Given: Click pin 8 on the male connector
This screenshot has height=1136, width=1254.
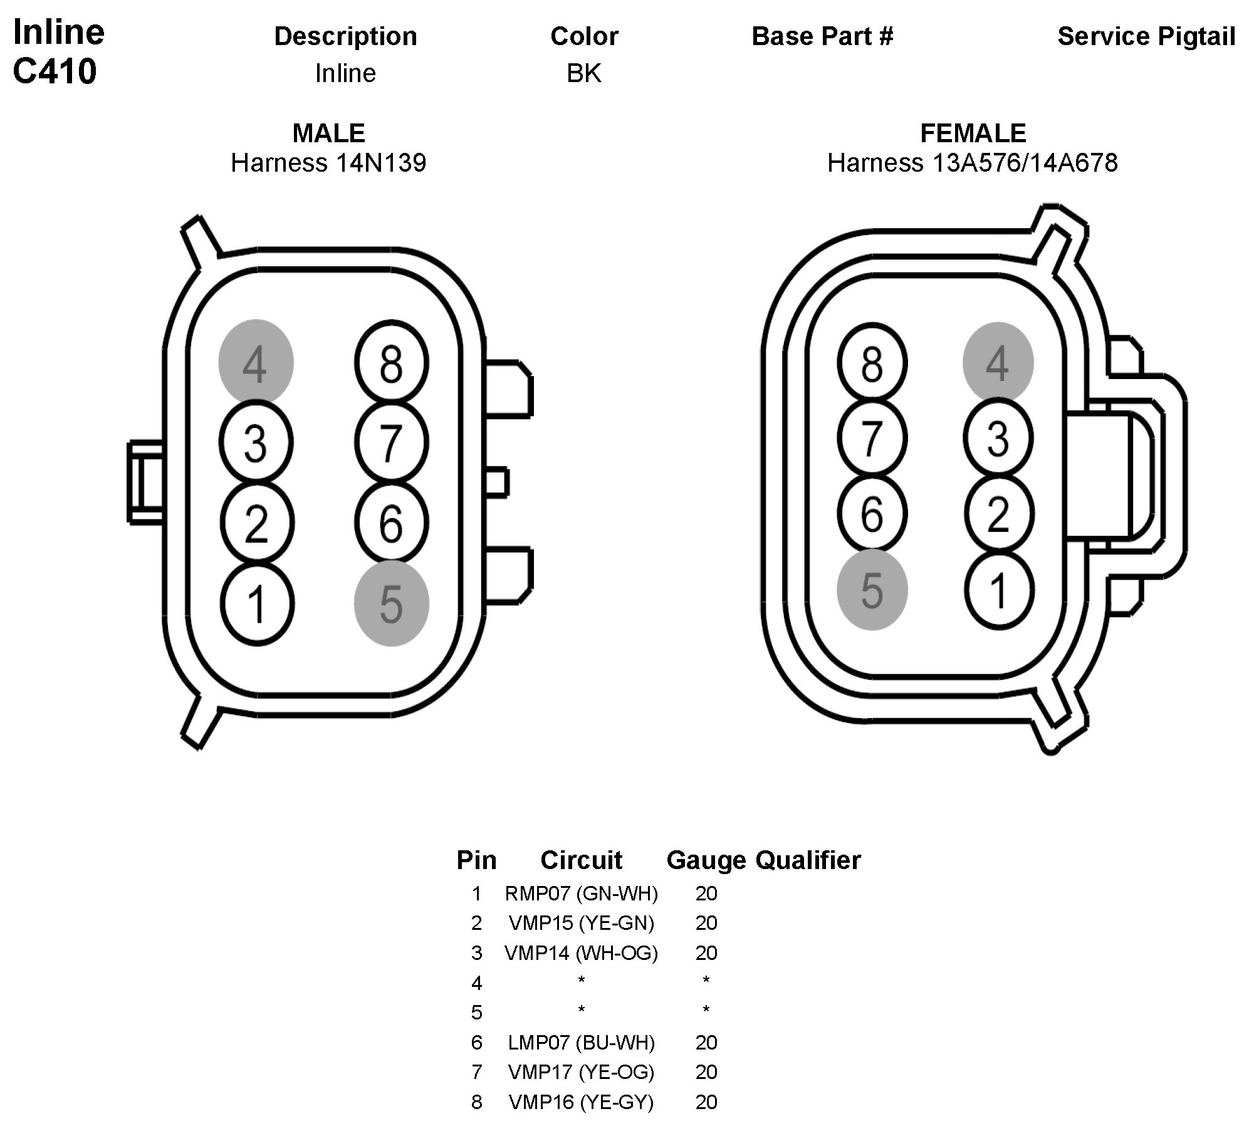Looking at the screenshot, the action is tap(391, 363).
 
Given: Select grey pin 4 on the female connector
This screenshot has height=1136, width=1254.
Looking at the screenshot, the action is tap(997, 362).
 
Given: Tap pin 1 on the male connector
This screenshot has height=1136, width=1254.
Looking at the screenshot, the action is tap(256, 604).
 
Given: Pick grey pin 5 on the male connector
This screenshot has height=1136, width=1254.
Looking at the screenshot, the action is tap(391, 603).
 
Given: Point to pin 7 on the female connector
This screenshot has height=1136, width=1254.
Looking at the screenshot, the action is tap(872, 438).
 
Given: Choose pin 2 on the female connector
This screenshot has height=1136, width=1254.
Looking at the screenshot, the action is tap(998, 514).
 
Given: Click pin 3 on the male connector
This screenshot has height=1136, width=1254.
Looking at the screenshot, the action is tap(256, 443).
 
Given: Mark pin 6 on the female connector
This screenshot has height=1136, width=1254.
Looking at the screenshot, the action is tap(872, 514).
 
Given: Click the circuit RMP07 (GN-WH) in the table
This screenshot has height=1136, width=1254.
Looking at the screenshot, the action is tap(581, 893).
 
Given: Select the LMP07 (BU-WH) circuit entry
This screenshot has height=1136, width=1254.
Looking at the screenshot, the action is tap(581, 1042).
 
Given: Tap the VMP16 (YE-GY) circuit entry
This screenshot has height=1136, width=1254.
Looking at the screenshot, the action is tap(581, 1102).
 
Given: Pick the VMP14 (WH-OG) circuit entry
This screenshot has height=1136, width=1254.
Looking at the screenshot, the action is tap(581, 952).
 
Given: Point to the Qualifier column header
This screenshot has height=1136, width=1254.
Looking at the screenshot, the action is tap(808, 860).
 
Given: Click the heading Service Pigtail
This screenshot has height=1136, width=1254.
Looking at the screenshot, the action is tap(1146, 36).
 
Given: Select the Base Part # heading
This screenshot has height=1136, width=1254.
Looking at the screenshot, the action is tap(822, 36).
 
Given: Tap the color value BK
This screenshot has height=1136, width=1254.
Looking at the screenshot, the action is tap(583, 73).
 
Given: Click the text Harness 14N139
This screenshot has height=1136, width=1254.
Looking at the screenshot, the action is tap(328, 163).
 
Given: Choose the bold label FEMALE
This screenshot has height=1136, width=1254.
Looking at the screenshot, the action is tap(973, 133).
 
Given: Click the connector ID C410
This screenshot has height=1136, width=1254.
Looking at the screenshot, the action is tap(55, 71).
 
